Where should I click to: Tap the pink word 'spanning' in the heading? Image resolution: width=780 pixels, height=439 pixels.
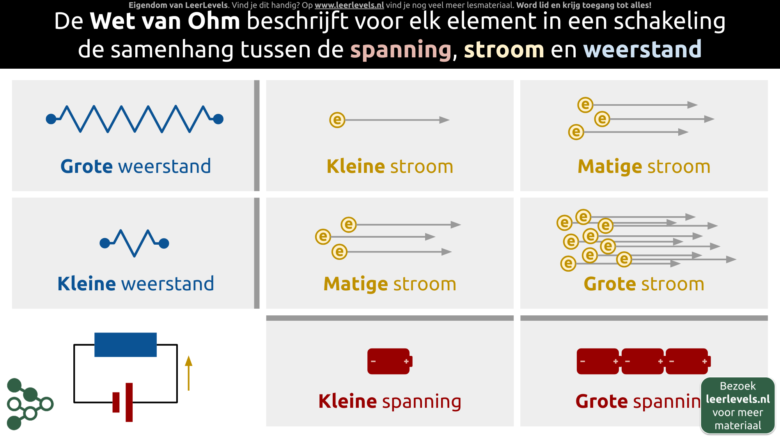tap(401, 50)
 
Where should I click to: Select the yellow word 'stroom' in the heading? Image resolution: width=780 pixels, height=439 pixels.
tap(504, 50)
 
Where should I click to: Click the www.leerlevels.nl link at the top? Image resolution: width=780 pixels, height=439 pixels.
tap(349, 5)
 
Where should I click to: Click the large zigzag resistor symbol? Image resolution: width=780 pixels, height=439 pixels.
tap(135, 119)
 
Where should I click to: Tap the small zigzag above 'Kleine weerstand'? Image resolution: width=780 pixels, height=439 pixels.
tap(135, 243)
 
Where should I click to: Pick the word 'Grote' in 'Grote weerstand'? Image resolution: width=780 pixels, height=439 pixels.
tap(87, 166)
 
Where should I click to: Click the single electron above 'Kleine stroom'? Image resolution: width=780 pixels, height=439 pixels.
tap(337, 120)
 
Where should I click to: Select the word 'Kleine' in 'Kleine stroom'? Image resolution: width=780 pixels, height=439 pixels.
tap(356, 166)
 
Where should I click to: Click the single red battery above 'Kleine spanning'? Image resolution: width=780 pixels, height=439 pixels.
tap(390, 361)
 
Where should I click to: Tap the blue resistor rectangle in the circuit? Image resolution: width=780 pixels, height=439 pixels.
tap(126, 345)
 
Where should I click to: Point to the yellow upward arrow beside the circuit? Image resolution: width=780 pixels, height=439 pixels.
tap(189, 373)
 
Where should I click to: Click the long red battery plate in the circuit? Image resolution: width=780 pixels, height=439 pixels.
tap(129, 402)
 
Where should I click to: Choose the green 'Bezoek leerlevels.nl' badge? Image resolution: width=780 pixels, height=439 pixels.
tap(738, 405)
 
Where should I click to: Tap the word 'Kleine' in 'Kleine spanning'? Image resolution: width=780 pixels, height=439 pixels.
tap(348, 401)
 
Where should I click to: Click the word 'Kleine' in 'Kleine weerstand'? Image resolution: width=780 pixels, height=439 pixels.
tap(87, 284)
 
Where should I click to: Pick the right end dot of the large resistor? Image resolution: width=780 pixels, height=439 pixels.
tap(218, 119)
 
